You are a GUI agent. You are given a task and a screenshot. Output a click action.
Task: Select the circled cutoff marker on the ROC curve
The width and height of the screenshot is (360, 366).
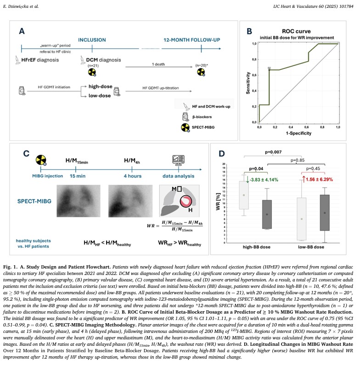click(x=270, y=69)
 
